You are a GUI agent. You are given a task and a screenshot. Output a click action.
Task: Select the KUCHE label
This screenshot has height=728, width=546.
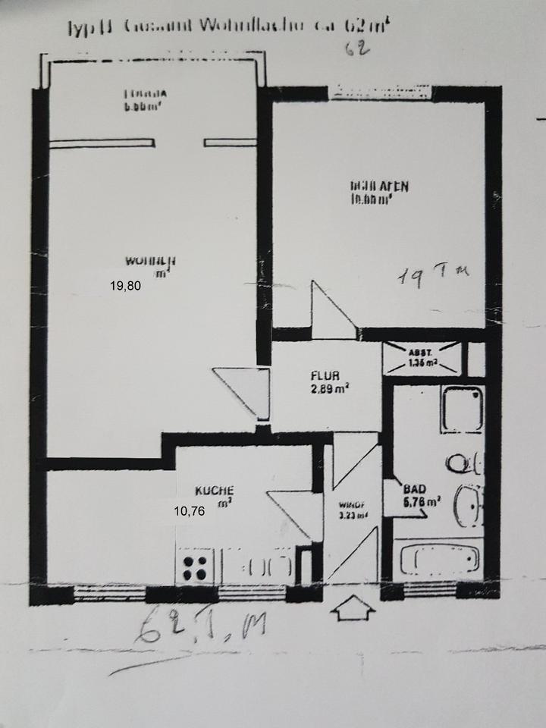[213, 490]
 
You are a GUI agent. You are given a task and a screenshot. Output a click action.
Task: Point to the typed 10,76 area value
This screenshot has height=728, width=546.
[190, 510]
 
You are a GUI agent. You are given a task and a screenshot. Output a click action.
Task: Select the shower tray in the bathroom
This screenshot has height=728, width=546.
[462, 408]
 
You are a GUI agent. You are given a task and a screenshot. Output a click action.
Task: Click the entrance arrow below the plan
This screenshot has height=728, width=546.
[353, 607]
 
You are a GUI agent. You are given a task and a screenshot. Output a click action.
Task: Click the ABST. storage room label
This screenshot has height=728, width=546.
[422, 357]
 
